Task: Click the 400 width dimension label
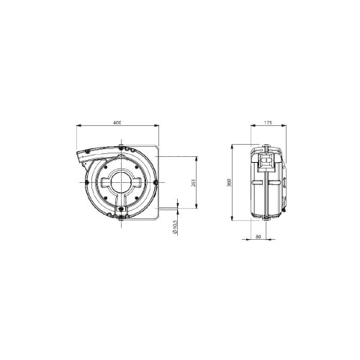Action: (117, 122)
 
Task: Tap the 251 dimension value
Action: (194, 183)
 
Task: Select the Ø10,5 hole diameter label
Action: (175, 227)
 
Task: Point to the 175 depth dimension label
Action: (268, 122)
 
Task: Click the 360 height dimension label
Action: (229, 183)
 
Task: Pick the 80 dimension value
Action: (258, 236)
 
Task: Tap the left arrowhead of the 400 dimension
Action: (79, 125)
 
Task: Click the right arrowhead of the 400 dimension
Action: (156, 125)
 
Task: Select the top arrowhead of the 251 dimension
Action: (197, 159)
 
